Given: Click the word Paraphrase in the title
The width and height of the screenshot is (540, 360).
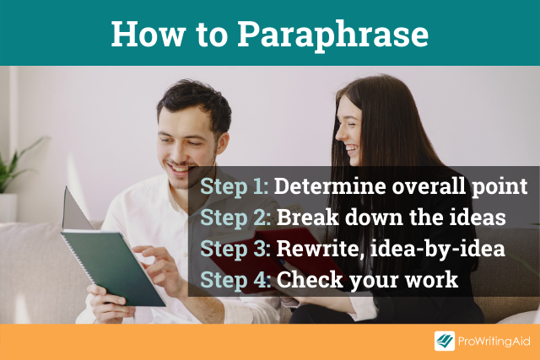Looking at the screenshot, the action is click(x=333, y=35).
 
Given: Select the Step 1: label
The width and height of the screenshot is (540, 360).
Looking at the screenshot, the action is click(x=235, y=187).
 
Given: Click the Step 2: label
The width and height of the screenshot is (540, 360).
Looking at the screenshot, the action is click(x=235, y=218).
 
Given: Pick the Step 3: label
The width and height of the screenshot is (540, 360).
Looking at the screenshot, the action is click(x=235, y=249).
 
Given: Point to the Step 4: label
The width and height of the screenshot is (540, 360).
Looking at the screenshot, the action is click(x=235, y=279).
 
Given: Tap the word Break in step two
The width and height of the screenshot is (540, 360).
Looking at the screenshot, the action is click(x=307, y=218).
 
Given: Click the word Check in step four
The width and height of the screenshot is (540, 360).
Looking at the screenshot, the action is click(x=310, y=279).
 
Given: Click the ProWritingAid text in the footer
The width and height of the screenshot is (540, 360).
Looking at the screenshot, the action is click(x=494, y=341).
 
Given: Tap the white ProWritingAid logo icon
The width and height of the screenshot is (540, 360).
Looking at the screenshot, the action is click(x=445, y=341).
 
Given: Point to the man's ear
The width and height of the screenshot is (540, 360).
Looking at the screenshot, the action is click(x=222, y=142).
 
